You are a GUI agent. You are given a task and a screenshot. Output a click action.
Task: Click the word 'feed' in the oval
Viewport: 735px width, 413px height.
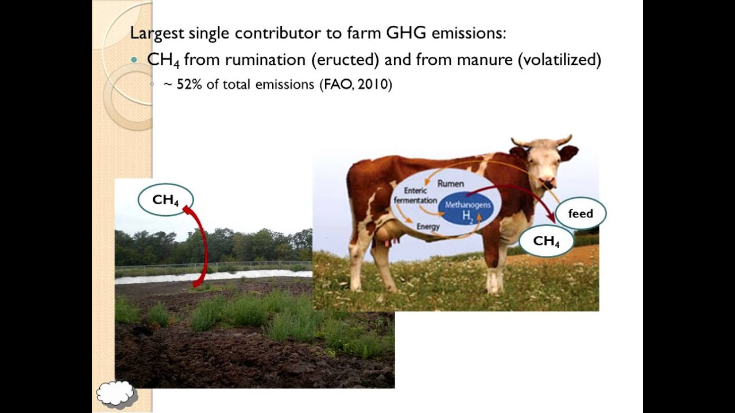580,213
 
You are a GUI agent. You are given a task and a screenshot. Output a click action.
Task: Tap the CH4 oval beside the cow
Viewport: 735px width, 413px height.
546,241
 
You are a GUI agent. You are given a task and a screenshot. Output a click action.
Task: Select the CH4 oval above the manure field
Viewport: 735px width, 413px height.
165,200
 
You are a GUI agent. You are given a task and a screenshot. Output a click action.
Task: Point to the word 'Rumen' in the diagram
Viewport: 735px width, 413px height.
451,184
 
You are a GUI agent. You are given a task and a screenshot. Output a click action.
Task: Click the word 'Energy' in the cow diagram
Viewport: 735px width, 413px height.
428,227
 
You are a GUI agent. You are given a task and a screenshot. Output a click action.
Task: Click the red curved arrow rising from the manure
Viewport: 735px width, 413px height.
201,247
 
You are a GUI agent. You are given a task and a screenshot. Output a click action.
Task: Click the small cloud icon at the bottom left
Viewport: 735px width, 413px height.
117,393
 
